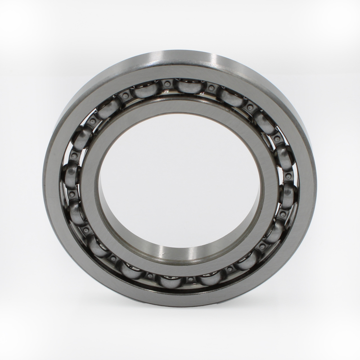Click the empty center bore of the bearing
pos(180,180)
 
